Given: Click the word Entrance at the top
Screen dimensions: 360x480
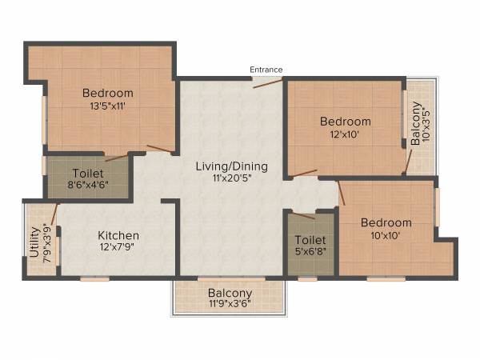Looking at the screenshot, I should (266, 70).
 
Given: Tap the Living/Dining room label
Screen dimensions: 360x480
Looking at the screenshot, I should (232, 167).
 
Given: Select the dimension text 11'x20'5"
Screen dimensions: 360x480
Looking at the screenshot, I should (232, 180).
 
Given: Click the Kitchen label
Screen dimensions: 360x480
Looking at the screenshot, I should (118, 235).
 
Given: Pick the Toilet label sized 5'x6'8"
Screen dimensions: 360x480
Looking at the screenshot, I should (310, 240).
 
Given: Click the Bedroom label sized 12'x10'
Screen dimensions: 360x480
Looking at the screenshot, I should (345, 122).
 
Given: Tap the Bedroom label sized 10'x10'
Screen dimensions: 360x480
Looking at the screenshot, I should (386, 222).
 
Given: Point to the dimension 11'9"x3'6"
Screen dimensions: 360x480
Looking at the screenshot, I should (230, 305).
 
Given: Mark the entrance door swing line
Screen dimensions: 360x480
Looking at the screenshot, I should (267, 82).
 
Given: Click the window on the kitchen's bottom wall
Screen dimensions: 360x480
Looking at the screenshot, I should (94, 278).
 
